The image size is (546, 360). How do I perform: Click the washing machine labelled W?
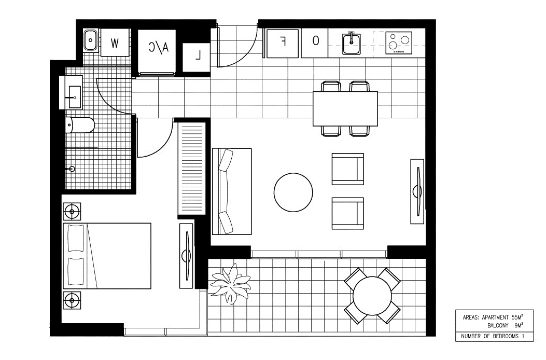tap(115, 43)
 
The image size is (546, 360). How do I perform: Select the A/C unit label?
tap(159, 48)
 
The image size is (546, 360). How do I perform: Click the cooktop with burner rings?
tap(399, 43)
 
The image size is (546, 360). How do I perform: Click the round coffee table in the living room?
tap(293, 192)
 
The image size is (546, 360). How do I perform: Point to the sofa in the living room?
tap(231, 191)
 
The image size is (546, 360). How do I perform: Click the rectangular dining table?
tap(345, 108)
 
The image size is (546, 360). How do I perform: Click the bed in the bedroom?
tap(107, 256)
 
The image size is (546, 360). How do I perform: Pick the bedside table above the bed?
tap(72, 211)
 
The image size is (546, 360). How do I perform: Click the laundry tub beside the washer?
tap(90, 39)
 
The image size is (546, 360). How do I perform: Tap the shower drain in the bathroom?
tap(72, 169)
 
